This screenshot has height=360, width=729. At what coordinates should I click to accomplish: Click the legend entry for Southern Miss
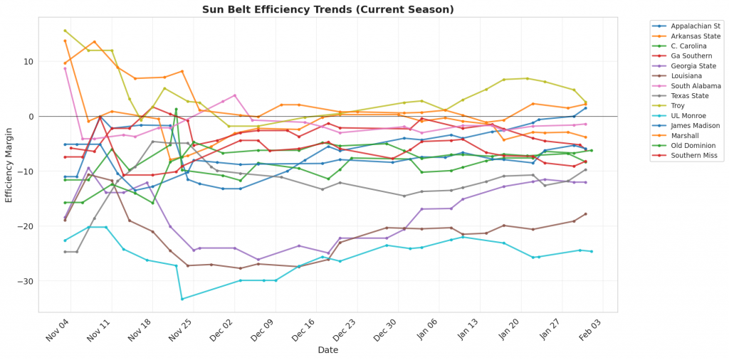point(690,155)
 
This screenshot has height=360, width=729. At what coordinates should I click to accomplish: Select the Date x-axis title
point(328,350)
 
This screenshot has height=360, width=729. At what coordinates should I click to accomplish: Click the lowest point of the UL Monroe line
point(182,299)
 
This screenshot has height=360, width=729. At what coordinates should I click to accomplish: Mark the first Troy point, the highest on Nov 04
point(65,31)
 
